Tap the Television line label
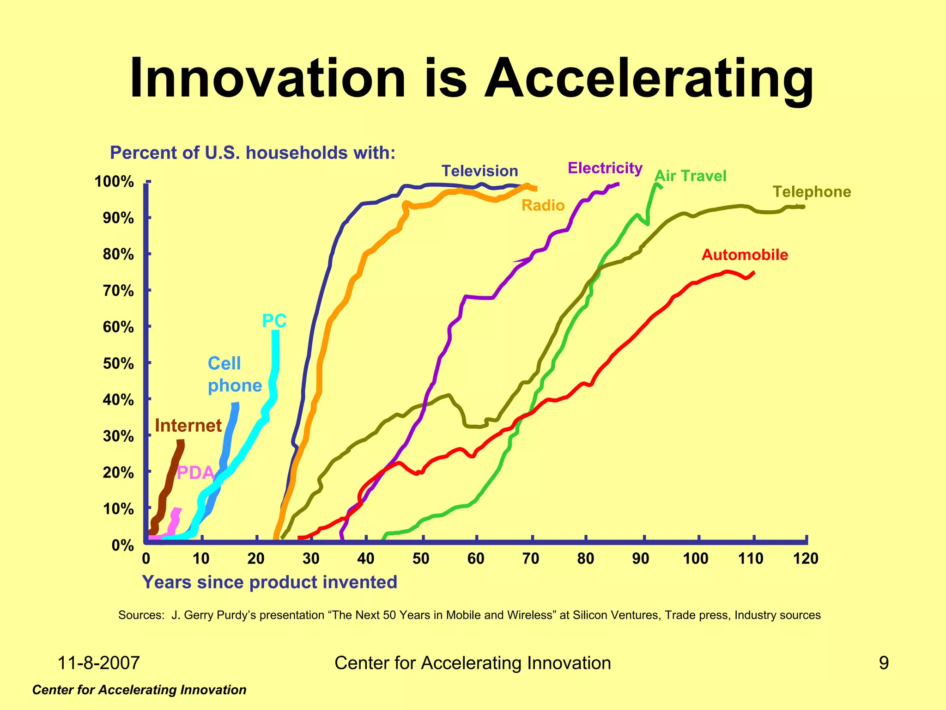[479, 171]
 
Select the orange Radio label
[543, 205]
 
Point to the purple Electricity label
[605, 168]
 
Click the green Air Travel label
[691, 176]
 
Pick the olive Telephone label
[812, 192]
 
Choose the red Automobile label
[745, 255]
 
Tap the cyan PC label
[274, 321]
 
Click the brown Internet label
[188, 425]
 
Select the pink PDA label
[196, 473]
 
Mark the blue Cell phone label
[234, 374]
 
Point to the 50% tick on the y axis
[118, 364]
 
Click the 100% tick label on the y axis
[114, 182]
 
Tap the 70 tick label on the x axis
[531, 559]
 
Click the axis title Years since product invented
[269, 582]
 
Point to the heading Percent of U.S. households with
[252, 153]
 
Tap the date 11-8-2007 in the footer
[98, 663]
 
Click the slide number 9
[883, 663]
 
